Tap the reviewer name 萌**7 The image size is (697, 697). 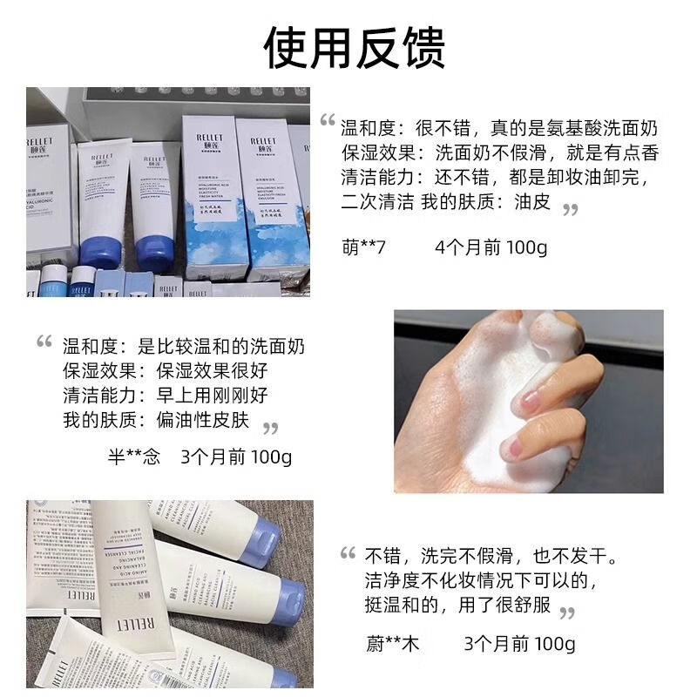coord(363,247)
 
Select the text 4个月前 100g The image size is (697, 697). coord(491,247)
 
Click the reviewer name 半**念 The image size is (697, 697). coord(133,457)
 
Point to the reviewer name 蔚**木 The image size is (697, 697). coord(392,644)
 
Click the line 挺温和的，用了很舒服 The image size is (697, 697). coord(457,605)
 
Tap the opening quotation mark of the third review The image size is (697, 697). coord(348,553)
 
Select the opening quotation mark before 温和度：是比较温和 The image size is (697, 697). coord(44,342)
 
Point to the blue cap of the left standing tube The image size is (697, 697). coord(100,253)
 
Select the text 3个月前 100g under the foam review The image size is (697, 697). coord(236,457)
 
